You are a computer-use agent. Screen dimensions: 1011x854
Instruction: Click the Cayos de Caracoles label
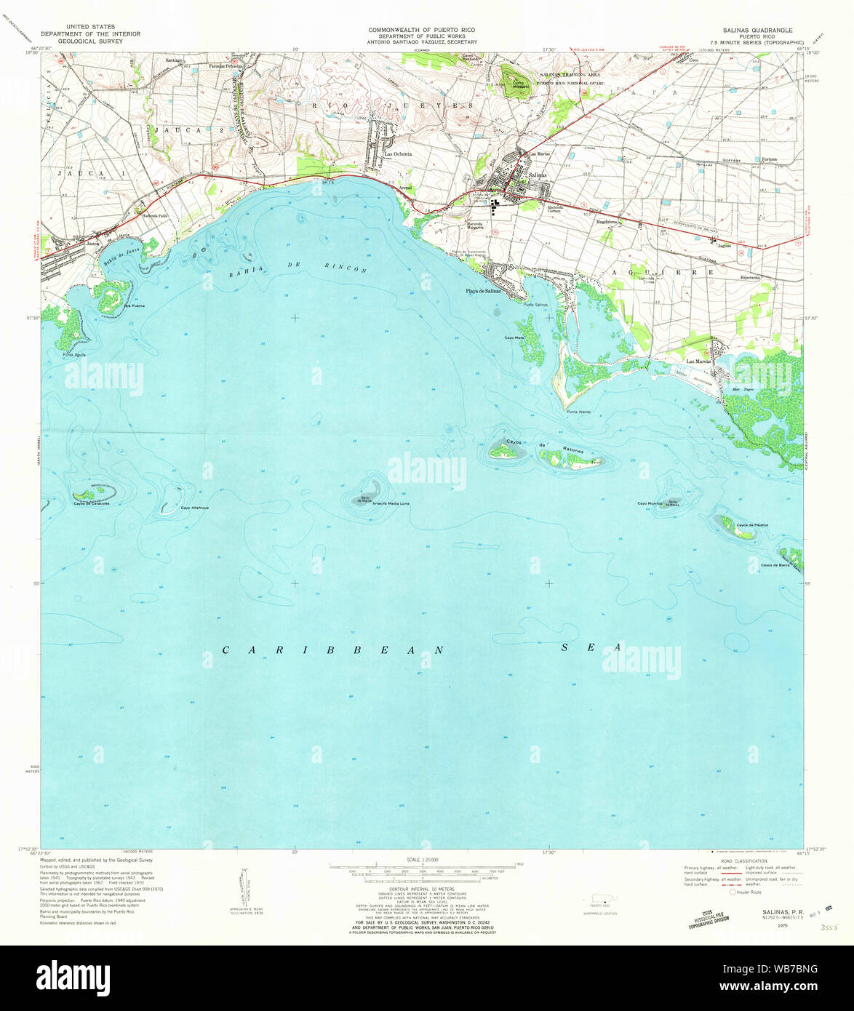click(91, 503)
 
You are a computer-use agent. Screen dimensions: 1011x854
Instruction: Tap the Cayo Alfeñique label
click(195, 507)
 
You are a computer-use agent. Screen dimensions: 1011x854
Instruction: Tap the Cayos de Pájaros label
click(752, 524)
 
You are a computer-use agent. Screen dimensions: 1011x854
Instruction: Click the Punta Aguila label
click(74, 354)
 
